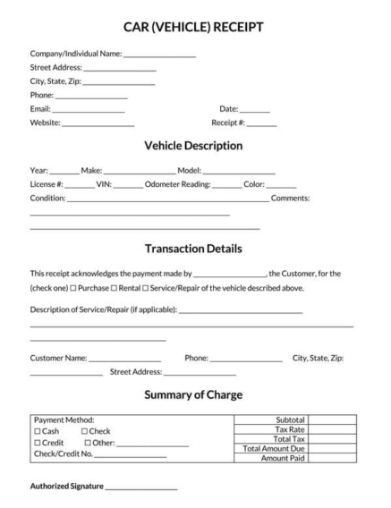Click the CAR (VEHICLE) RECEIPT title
[x=194, y=27]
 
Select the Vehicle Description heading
[x=193, y=145]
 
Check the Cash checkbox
[x=37, y=431]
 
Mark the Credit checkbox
[x=37, y=443]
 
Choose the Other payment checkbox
[x=87, y=443]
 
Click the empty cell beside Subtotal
[x=332, y=419]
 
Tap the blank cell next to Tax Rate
[x=332, y=428]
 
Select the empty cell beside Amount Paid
[x=332, y=458]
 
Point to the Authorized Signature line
[x=140, y=488]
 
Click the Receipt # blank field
[x=261, y=123]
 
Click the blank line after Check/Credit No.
[x=131, y=456]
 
